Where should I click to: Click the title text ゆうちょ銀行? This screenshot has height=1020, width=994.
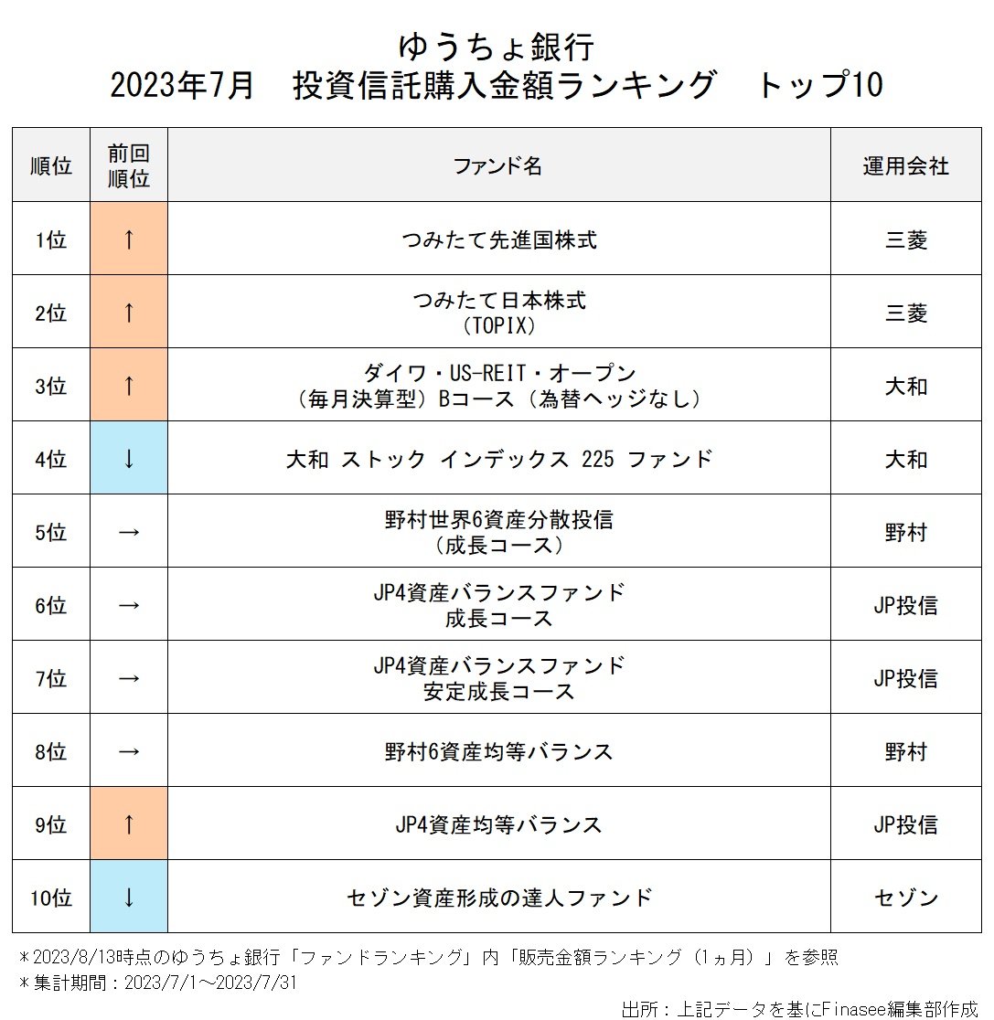(497, 46)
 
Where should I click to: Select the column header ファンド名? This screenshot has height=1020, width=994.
(498, 165)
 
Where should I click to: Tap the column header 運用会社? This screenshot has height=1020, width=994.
(905, 165)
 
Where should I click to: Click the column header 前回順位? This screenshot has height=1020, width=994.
(129, 165)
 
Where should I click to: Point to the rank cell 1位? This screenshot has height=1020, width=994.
(51, 240)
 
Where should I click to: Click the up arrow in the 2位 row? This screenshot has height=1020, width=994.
(129, 313)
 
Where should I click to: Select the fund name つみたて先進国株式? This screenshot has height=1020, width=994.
(498, 240)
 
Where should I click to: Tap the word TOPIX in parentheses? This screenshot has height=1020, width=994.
(499, 325)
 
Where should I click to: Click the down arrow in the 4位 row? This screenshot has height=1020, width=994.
(129, 459)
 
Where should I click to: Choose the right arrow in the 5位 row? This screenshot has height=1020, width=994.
(129, 532)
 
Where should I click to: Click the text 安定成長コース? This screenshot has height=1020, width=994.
(499, 691)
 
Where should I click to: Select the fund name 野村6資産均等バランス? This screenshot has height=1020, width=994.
(498, 751)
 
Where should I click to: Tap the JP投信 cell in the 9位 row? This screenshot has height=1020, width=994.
(905, 824)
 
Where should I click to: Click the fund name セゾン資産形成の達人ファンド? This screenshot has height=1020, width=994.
(499, 898)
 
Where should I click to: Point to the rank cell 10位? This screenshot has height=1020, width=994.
(51, 898)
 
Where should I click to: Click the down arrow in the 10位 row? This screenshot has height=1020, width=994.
(129, 898)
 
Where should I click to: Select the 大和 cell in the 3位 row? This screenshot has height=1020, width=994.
(905, 386)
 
